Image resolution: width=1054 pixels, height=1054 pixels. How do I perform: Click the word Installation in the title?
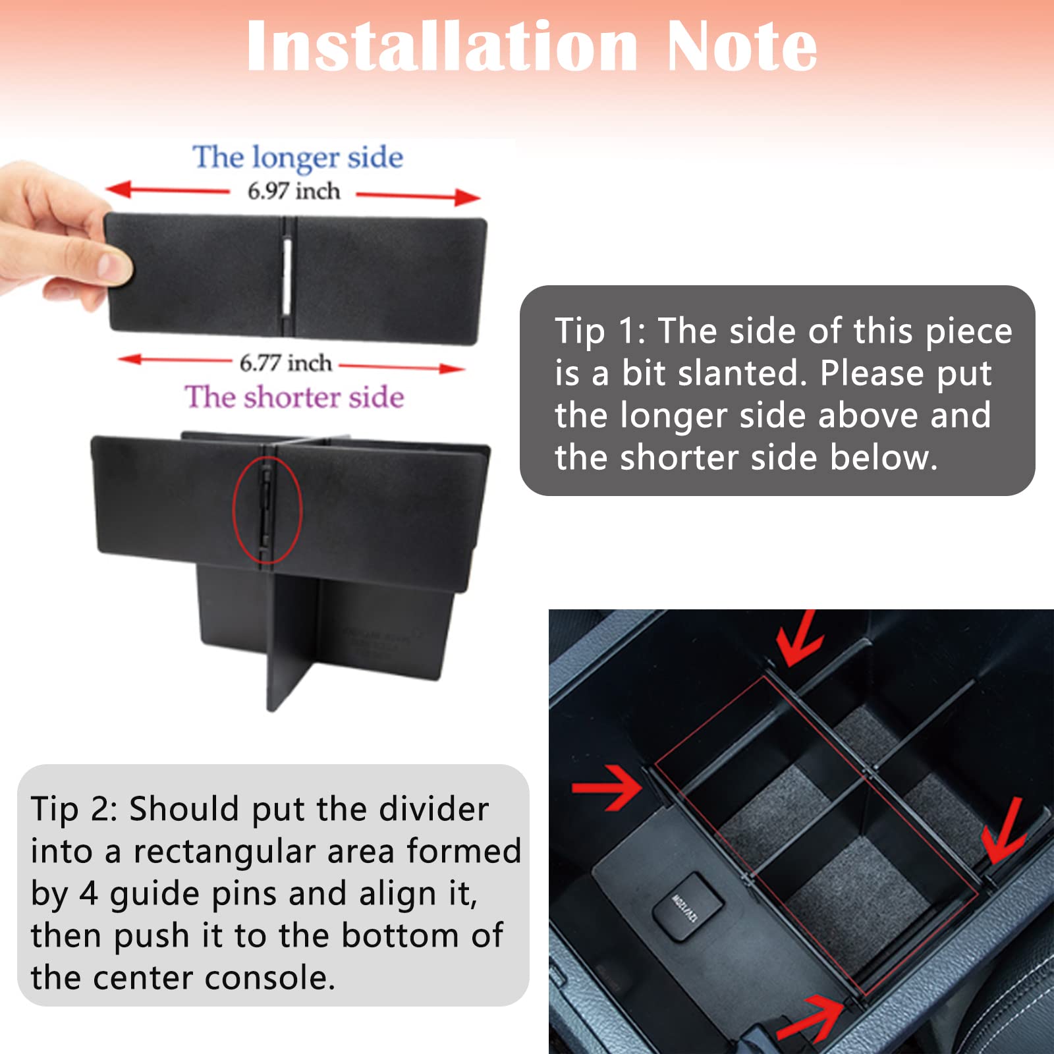pyautogui.click(x=441, y=46)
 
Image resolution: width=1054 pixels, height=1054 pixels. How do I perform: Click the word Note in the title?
pyautogui.click(x=741, y=46)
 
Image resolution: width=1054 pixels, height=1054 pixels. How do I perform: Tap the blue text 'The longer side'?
pyautogui.click(x=298, y=157)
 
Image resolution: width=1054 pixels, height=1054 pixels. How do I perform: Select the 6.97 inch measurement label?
pyautogui.click(x=294, y=191)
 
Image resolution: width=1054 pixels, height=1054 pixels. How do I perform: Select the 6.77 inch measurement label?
pyautogui.click(x=285, y=363)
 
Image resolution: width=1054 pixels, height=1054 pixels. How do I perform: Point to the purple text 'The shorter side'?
pyautogui.click(x=294, y=397)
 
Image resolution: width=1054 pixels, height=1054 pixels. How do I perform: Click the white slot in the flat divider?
pyautogui.click(x=287, y=273)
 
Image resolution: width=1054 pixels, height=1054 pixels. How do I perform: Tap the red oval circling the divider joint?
pyautogui.click(x=267, y=511)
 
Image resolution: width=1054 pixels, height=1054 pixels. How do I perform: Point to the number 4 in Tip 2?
pyautogui.click(x=88, y=894)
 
